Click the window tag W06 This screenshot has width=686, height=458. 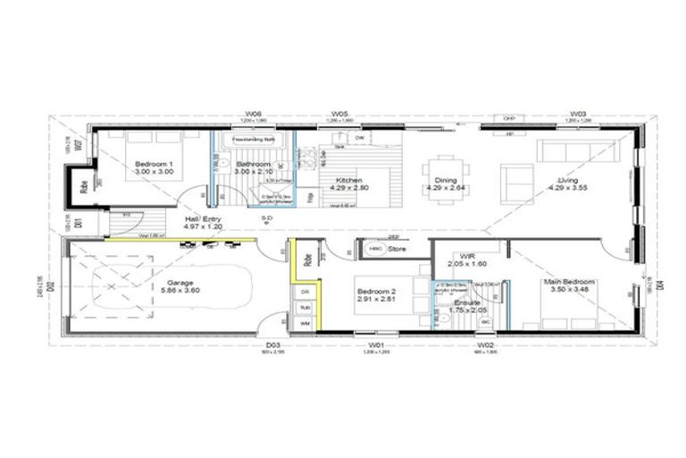coord(254,114)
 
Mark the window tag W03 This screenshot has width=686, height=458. coord(579,114)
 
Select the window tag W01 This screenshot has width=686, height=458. coord(375,344)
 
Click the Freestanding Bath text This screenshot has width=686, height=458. coord(251,140)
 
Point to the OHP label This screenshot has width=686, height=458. coord(509,118)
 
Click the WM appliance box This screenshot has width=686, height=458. coord(305,322)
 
